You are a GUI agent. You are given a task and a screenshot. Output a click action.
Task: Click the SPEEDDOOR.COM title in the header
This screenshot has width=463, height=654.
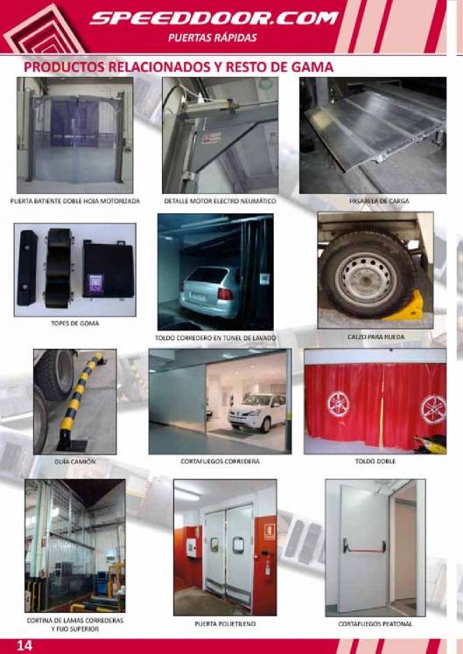click(214, 18)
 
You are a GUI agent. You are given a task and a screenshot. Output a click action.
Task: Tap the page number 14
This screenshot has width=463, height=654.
click(25, 645)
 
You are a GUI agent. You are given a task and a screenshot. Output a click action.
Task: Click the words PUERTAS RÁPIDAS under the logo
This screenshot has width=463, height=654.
click(213, 38)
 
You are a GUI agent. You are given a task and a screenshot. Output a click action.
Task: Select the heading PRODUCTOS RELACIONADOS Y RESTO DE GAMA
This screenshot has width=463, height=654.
click(179, 66)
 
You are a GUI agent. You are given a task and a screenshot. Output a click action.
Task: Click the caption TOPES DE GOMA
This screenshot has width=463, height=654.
click(74, 324)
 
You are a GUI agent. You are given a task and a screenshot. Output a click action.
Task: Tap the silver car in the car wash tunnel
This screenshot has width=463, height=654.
click(207, 290)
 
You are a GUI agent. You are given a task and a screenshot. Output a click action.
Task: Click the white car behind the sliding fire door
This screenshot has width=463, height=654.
click(256, 412)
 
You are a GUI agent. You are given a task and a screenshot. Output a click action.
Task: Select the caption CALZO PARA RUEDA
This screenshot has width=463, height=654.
click(375, 337)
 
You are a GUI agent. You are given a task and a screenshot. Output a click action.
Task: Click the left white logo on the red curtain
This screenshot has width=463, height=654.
click(338, 404)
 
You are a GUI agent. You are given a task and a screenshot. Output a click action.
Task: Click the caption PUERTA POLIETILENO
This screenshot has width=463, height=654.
click(225, 624)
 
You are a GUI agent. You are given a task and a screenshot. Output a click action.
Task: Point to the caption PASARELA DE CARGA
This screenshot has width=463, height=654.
click(379, 201)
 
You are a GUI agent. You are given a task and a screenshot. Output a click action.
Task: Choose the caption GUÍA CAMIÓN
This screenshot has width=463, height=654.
click(74, 462)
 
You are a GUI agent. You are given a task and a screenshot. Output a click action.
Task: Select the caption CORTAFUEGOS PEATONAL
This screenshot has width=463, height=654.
click(375, 624)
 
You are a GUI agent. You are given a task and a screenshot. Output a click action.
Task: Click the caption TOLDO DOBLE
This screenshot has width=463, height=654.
click(375, 462)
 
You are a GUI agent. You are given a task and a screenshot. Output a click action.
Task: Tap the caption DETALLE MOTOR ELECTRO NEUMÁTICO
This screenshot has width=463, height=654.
click(220, 201)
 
